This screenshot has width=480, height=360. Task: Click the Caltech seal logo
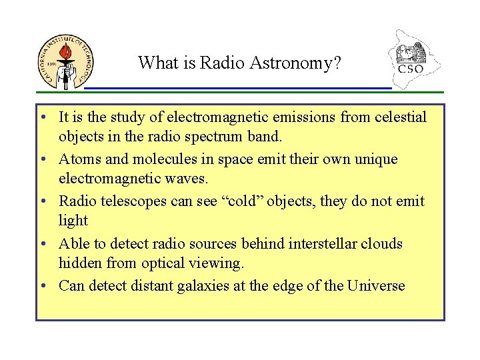tap(66, 61)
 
